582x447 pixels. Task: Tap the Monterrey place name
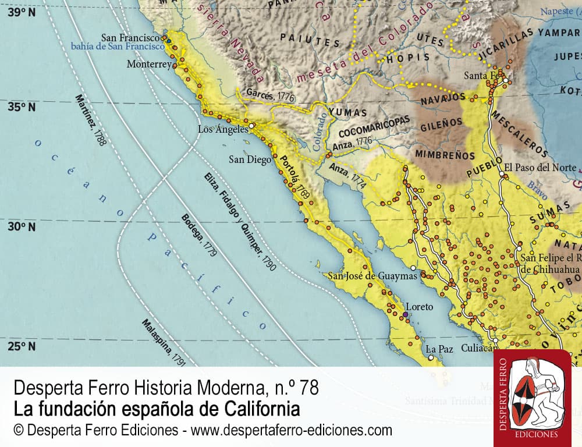pos(149,64)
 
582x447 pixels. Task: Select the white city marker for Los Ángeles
pos(251,125)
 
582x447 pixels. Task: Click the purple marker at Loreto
pos(405,315)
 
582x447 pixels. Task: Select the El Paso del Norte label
pos(540,167)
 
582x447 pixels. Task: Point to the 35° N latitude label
pos(22,107)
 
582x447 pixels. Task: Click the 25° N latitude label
pos(22,346)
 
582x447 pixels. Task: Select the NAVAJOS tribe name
pos(443,97)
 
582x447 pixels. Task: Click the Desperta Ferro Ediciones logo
pos(533,398)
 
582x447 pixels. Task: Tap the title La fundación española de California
pos(156,409)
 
